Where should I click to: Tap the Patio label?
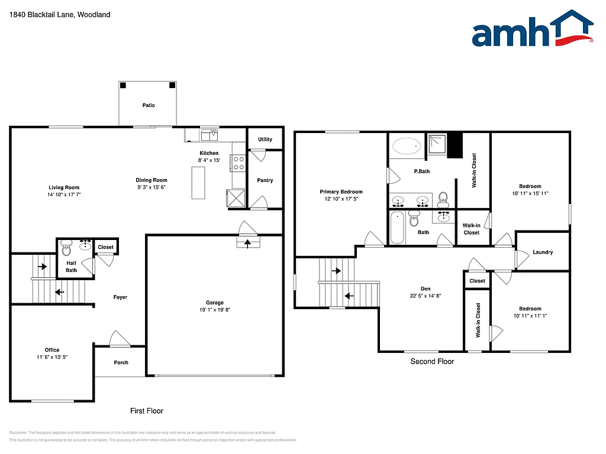click(149, 105)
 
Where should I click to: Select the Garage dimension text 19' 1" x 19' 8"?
click(215, 310)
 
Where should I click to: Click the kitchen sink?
click(209, 136)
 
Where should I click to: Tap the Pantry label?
click(265, 180)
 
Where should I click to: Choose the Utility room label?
click(265, 140)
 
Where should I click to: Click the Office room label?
click(52, 350)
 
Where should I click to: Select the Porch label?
click(121, 362)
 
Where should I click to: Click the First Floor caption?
click(147, 410)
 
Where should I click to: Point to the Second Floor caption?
click(432, 361)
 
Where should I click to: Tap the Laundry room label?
click(543, 252)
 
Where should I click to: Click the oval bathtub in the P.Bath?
click(407, 145)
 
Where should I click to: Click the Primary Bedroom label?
click(341, 192)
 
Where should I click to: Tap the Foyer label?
click(120, 297)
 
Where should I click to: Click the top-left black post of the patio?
click(123, 85)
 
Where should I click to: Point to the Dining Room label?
click(152, 180)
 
